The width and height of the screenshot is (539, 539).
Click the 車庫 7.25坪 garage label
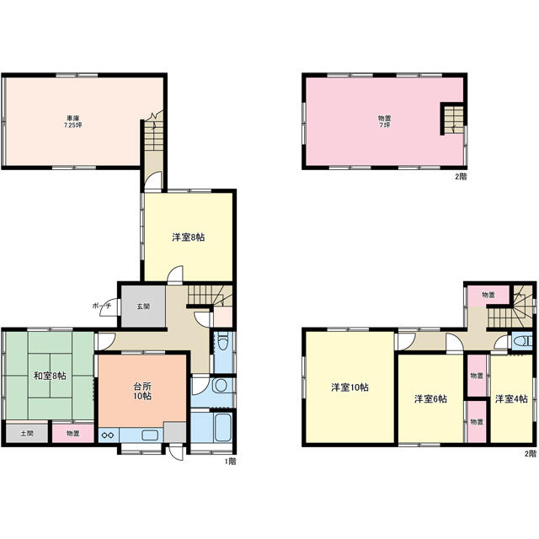coord(73,121)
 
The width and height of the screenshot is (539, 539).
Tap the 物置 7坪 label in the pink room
coord(384,121)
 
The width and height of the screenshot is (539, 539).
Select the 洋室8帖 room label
coord(189,237)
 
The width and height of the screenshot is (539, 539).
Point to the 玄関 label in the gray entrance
coord(143,306)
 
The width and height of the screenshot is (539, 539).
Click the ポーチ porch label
coord(102,306)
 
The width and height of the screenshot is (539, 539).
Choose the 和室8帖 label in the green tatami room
coord(50,376)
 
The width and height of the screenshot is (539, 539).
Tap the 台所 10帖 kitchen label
coord(142,391)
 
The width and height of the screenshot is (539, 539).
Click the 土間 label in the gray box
coord(26,433)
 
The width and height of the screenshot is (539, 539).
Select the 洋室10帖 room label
coord(350,387)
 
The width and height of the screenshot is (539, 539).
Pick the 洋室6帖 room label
coord(430,398)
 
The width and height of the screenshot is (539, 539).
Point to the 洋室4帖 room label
coord(511,398)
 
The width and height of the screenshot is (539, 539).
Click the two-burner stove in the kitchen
coord(108,435)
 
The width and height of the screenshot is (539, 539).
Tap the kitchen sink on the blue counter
coord(150,435)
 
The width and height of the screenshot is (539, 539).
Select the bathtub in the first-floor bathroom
coord(222,428)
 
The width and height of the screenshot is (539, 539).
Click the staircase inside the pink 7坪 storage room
coord(454,119)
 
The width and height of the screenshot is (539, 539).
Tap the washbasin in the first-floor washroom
coord(219,386)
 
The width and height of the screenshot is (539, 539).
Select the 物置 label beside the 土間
coord(73,434)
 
